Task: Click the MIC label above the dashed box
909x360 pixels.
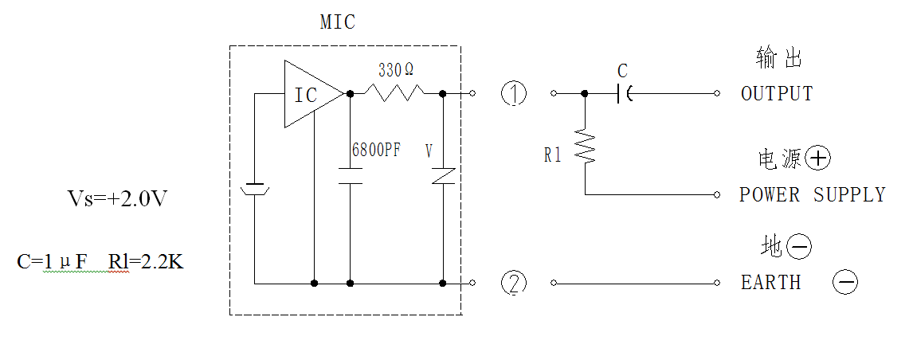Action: pyautogui.click(x=338, y=22)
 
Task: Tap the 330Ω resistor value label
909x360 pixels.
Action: pyautogui.click(x=396, y=71)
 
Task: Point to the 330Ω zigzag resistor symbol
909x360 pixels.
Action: pyautogui.click(x=394, y=92)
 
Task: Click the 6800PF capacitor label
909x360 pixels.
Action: pyautogui.click(x=376, y=151)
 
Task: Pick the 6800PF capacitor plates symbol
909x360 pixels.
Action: pyautogui.click(x=351, y=176)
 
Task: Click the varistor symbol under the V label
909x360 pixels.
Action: pyautogui.click(x=443, y=176)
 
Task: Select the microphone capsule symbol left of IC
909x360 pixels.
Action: pyautogui.click(x=254, y=189)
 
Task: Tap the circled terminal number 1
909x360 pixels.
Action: pyautogui.click(x=514, y=93)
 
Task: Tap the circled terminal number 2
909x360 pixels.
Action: pyautogui.click(x=514, y=283)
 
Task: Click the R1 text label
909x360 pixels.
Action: pyautogui.click(x=552, y=155)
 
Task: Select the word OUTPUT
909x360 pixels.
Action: pyautogui.click(x=777, y=93)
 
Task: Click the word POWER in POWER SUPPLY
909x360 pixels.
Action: pyautogui.click(x=770, y=195)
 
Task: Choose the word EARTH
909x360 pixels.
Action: pyautogui.click(x=771, y=283)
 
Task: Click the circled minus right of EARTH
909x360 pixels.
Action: pyautogui.click(x=845, y=282)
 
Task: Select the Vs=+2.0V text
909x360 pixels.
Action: pyautogui.click(x=119, y=199)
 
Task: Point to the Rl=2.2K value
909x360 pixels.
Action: pyautogui.click(x=146, y=262)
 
